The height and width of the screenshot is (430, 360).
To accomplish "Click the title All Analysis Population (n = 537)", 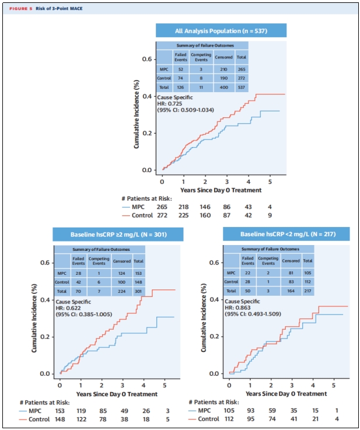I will (221, 30).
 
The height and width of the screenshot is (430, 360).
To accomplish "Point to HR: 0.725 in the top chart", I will (170, 103).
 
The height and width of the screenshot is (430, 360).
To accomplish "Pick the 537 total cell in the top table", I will (241, 86).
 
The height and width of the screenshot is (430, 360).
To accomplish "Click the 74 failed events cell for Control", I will (181, 77).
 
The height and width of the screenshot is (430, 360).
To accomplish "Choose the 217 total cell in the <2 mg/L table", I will (307, 290).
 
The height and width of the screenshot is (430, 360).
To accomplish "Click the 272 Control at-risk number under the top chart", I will (165, 215).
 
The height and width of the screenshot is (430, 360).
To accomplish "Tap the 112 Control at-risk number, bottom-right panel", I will (230, 419).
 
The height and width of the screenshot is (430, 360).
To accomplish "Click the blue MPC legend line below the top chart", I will (128, 207).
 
